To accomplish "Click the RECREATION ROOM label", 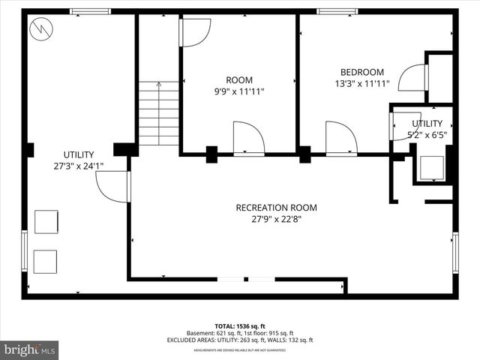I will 276,208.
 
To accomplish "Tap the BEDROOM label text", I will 359,72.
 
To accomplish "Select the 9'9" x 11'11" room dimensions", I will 239,91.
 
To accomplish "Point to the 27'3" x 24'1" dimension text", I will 78,166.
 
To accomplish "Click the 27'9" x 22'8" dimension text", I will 276,220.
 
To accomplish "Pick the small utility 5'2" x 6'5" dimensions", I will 427,136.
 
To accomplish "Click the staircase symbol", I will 158,113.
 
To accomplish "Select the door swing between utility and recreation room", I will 112,186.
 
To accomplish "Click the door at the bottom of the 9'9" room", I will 248,138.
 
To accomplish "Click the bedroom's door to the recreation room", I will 340,138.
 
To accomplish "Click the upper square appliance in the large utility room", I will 46,222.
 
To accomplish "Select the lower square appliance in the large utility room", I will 46,260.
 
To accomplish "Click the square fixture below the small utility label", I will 432,167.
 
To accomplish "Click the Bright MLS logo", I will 30,349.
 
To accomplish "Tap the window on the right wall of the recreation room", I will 454,253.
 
